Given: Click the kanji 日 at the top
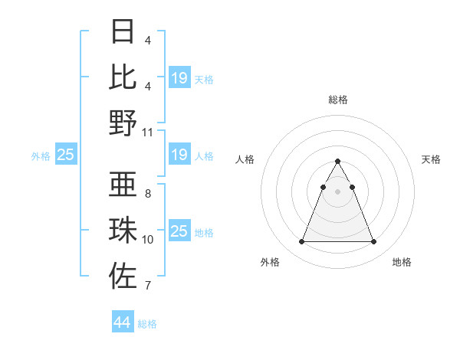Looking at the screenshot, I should [123, 32].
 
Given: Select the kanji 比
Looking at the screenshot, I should [123, 77].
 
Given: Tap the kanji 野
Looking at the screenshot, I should [123, 122].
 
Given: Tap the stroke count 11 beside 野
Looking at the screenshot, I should [148, 132].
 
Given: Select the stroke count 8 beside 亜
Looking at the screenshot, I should [148, 194].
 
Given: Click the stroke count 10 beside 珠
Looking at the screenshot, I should [148, 240].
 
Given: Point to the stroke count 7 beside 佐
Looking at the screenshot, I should [148, 286].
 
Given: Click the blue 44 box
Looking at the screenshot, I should [122, 322].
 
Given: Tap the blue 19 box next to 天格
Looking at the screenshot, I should [179, 78].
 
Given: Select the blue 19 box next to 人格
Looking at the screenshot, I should [179, 155].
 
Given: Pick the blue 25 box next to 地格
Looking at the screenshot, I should [179, 231].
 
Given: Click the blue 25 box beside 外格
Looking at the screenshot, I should [66, 155].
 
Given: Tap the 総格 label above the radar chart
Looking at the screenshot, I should [337, 100].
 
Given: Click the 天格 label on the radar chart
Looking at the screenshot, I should [431, 159].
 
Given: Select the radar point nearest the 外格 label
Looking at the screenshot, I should [301, 242].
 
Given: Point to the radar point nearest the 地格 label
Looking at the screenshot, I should [373, 242].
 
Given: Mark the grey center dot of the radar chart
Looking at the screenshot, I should [337, 191].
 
